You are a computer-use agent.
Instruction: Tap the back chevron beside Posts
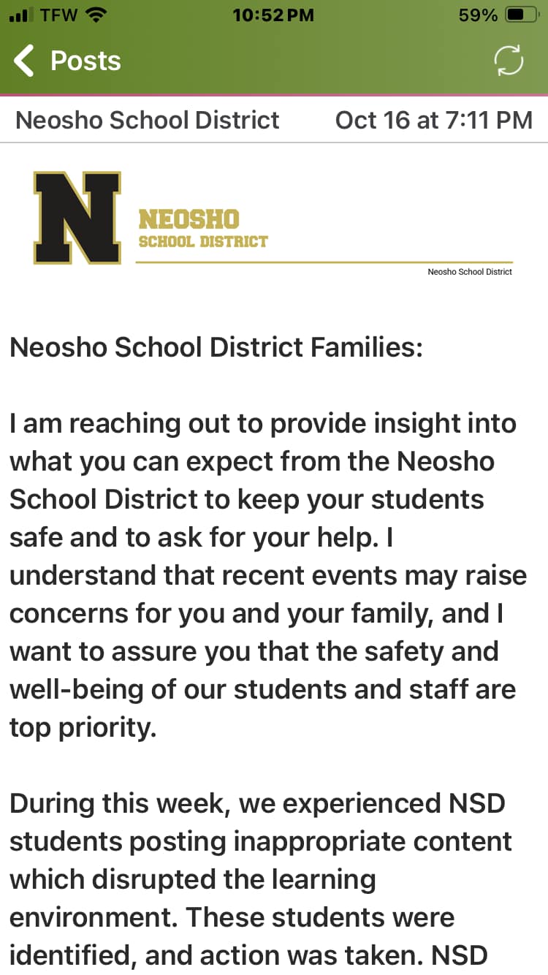coord(25,61)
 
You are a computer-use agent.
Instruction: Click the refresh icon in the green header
coord(509,61)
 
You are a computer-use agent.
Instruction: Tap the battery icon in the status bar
coord(521,15)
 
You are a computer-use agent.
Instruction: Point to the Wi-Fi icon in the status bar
coord(96,15)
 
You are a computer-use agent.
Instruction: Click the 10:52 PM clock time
coord(273,15)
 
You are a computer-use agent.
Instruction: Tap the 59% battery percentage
coord(478,15)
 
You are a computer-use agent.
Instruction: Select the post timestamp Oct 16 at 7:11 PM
coord(433,120)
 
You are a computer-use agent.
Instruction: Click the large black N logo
coord(77,218)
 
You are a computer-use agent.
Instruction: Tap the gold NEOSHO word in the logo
coord(189,219)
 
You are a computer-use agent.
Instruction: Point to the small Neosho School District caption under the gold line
coord(470,272)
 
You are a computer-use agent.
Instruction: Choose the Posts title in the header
coord(85,61)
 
